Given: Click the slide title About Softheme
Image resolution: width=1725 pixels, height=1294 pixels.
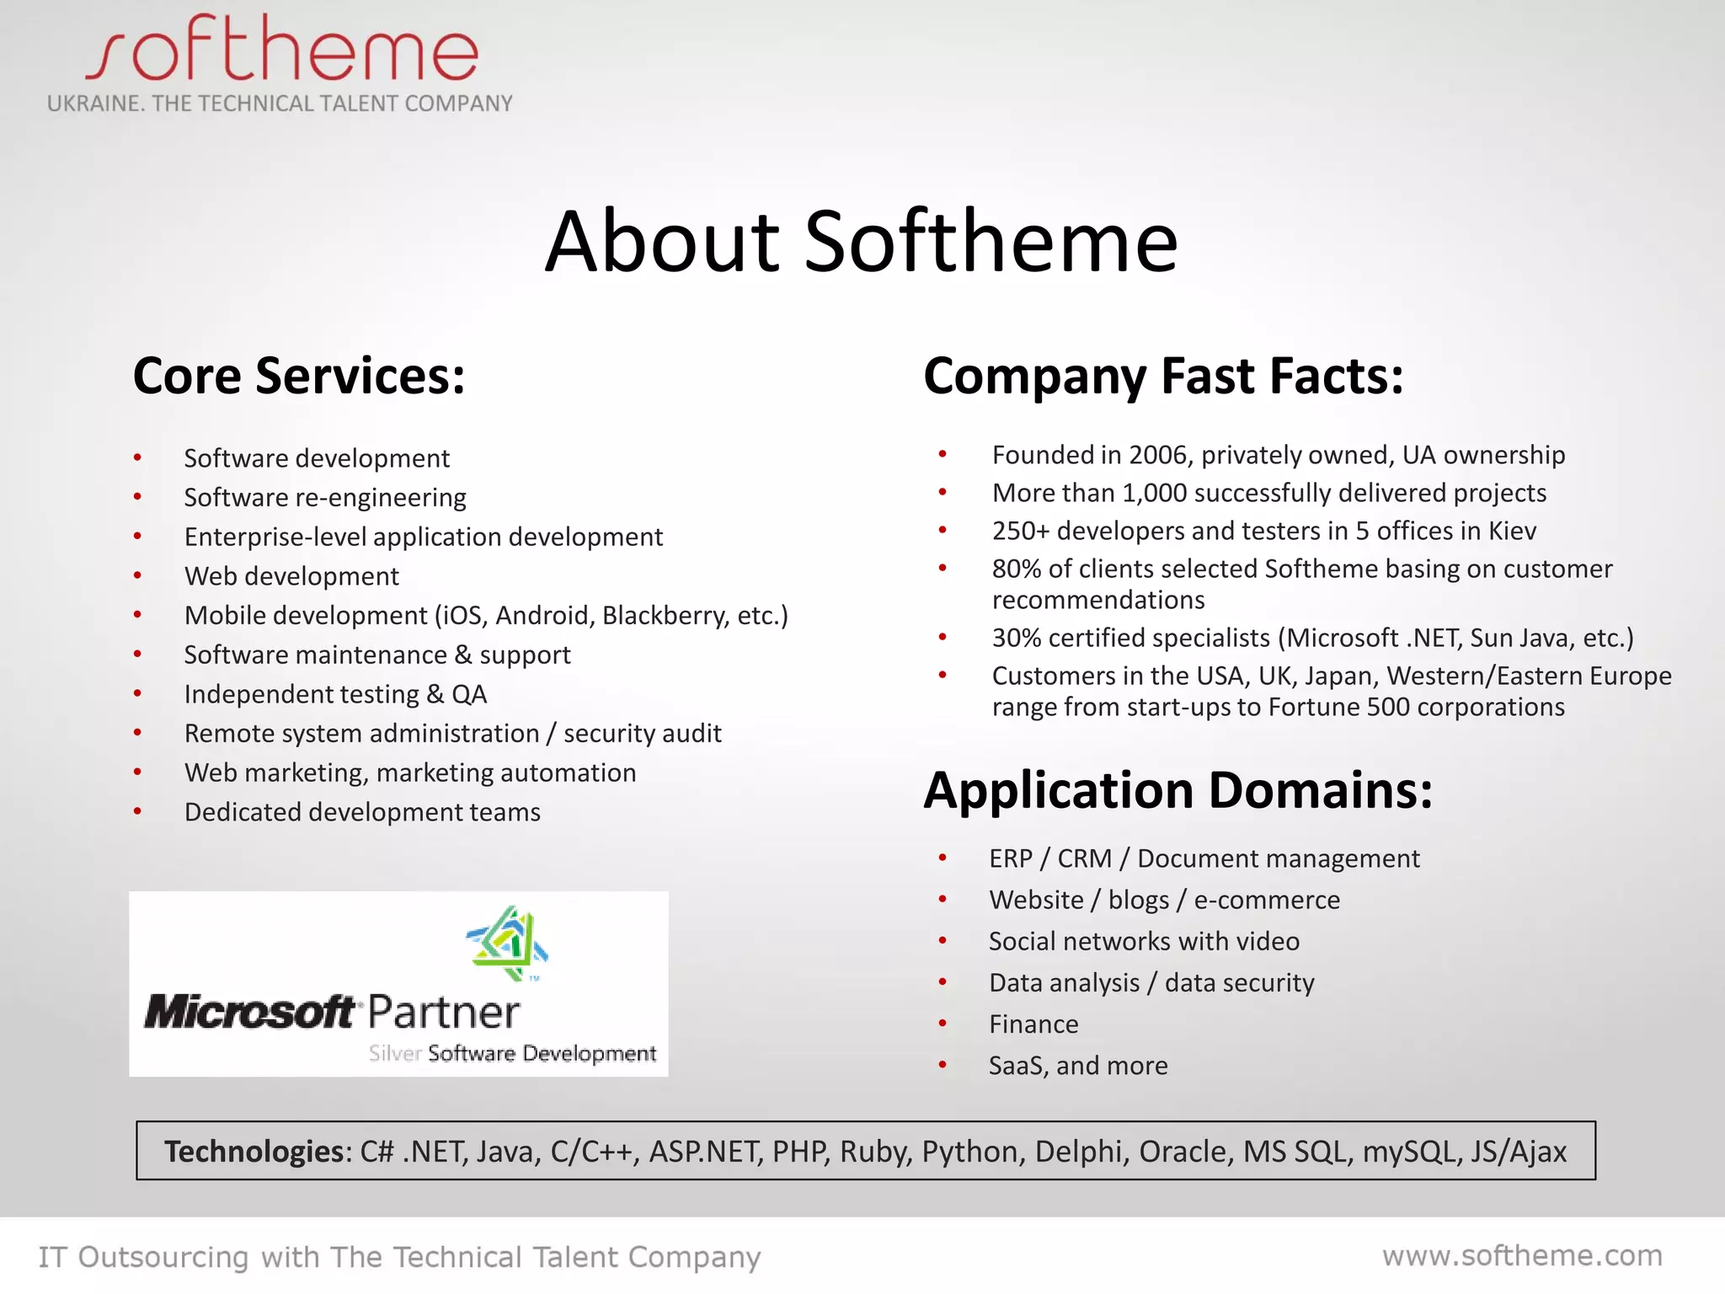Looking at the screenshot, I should (x=861, y=242).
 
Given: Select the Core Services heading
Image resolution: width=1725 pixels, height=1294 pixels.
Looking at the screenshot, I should (x=299, y=376).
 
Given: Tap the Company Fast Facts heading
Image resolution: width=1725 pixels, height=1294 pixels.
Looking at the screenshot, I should (x=1163, y=376).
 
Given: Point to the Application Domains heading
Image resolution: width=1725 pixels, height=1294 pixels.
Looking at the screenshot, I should (x=1178, y=790).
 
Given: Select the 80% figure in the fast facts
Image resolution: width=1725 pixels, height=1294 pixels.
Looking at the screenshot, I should (x=1017, y=569).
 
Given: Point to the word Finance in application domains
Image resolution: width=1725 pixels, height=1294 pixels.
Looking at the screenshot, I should (x=1033, y=1024).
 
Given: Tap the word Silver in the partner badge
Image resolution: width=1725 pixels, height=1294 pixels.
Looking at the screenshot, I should (x=394, y=1053).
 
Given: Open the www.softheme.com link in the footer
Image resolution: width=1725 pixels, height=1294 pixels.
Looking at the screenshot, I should (x=1522, y=1256).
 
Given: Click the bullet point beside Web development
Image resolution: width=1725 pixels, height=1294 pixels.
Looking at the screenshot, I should (x=137, y=576).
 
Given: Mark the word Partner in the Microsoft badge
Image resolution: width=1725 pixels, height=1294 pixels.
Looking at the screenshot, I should (x=444, y=1013).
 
